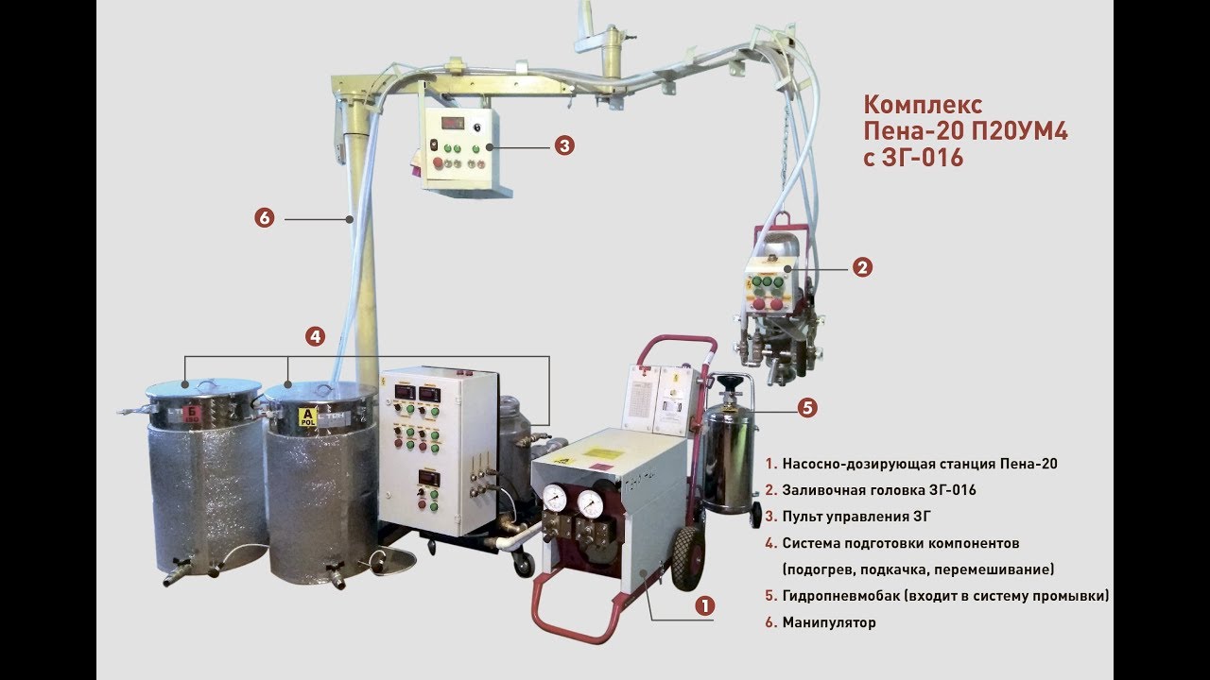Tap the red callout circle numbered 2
pos(861,267)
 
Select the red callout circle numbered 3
pos(563,145)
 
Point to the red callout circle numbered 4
pos(316,335)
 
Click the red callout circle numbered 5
pos(806,408)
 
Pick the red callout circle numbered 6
pos(264,218)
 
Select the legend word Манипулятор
pos(829,622)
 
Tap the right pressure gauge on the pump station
pos(593,501)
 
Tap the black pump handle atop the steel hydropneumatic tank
pos(729,382)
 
